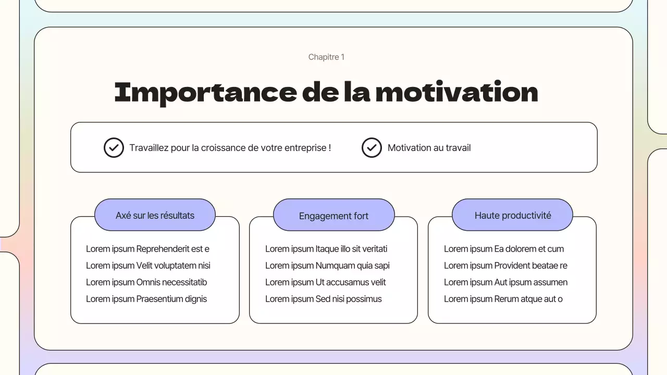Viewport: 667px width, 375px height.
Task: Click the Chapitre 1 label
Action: coord(326,57)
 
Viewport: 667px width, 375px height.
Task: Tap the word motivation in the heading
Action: coord(456,92)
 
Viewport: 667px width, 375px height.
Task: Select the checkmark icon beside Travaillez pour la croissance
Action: coord(114,148)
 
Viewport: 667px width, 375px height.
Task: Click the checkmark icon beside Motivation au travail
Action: coord(372,148)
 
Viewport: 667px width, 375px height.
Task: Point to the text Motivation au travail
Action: coord(429,148)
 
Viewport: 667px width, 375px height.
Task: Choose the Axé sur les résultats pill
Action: coord(155,215)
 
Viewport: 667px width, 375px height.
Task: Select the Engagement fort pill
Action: coord(333,216)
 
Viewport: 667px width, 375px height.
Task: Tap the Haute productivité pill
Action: coord(512,215)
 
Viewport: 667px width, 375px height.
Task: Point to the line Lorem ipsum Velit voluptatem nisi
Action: coord(148,266)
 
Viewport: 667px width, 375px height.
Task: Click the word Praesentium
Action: coord(159,299)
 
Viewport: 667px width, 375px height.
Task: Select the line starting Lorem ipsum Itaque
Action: coord(326,249)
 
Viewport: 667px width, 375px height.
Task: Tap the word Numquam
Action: coord(333,266)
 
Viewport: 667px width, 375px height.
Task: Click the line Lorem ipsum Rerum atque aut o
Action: coord(503,299)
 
